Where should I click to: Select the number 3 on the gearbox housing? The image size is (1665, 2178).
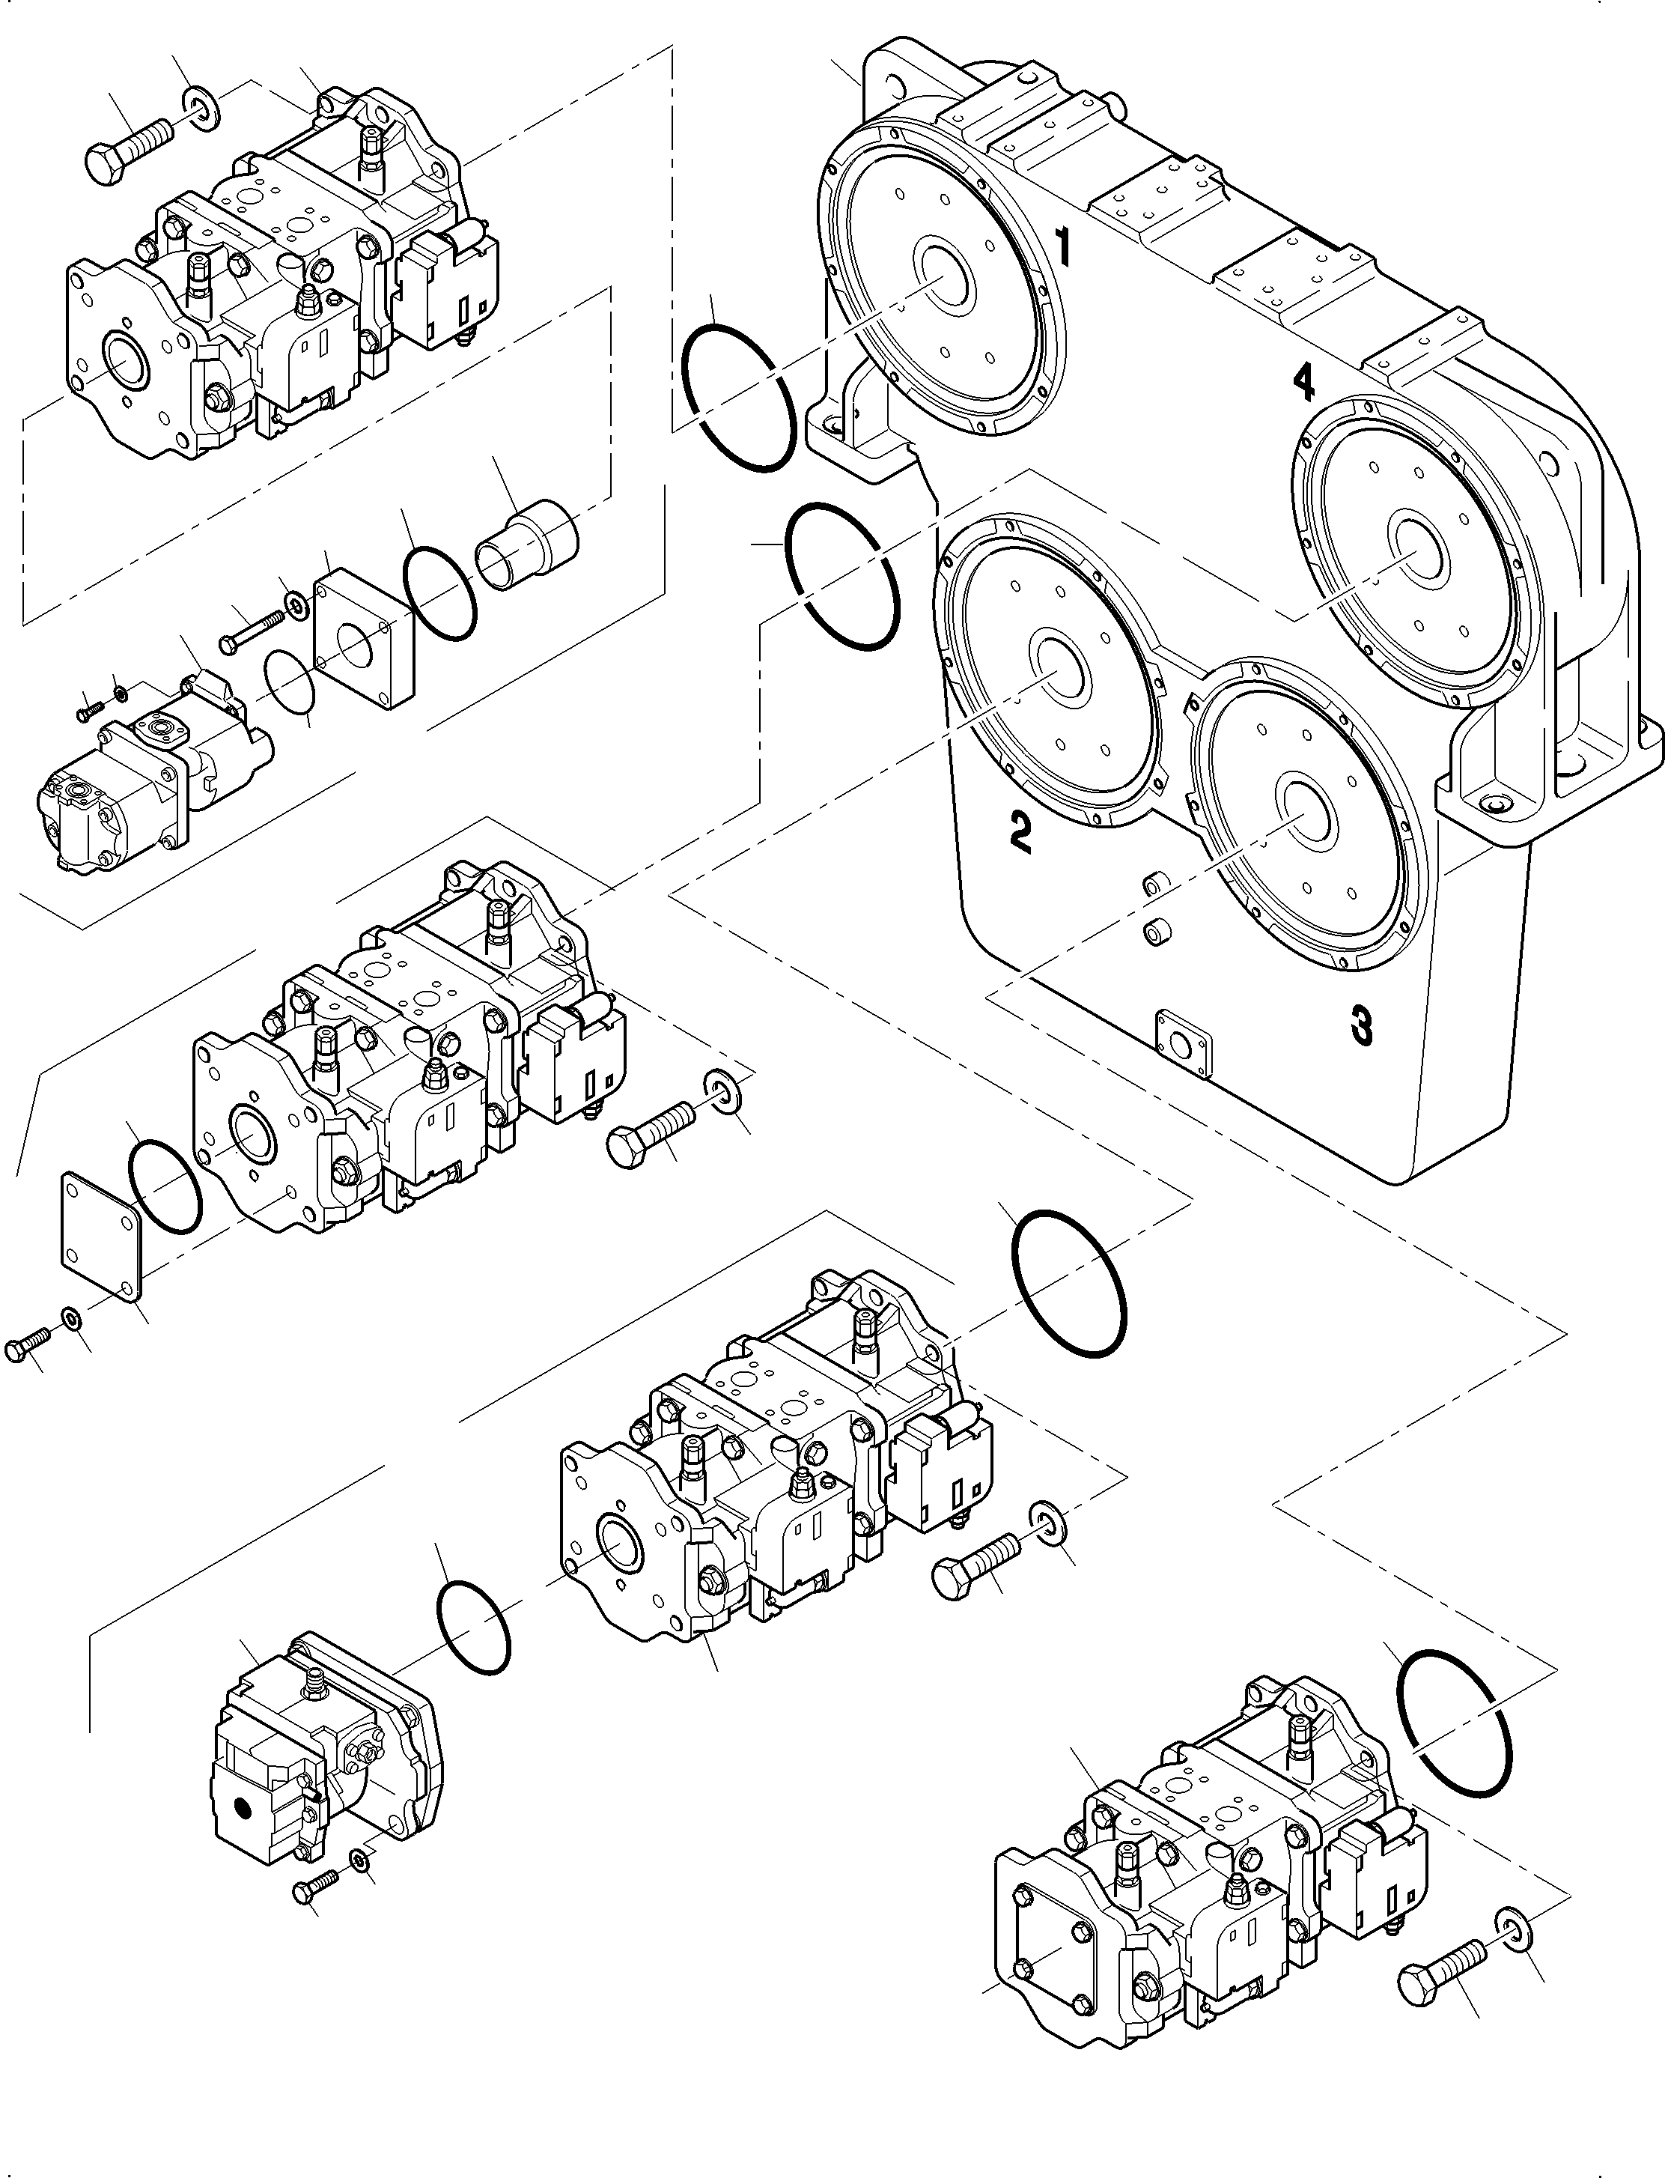click(1362, 1025)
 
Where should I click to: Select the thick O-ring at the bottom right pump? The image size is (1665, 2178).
click(1454, 1726)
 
